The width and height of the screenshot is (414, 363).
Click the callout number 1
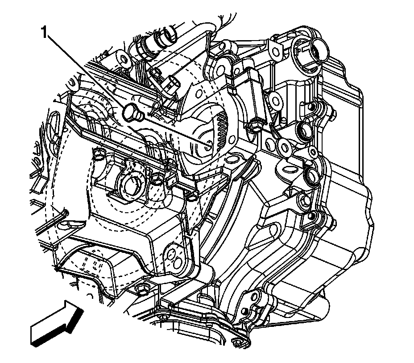pos(44,33)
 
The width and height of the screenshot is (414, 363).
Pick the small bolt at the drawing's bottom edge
pos(239,344)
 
